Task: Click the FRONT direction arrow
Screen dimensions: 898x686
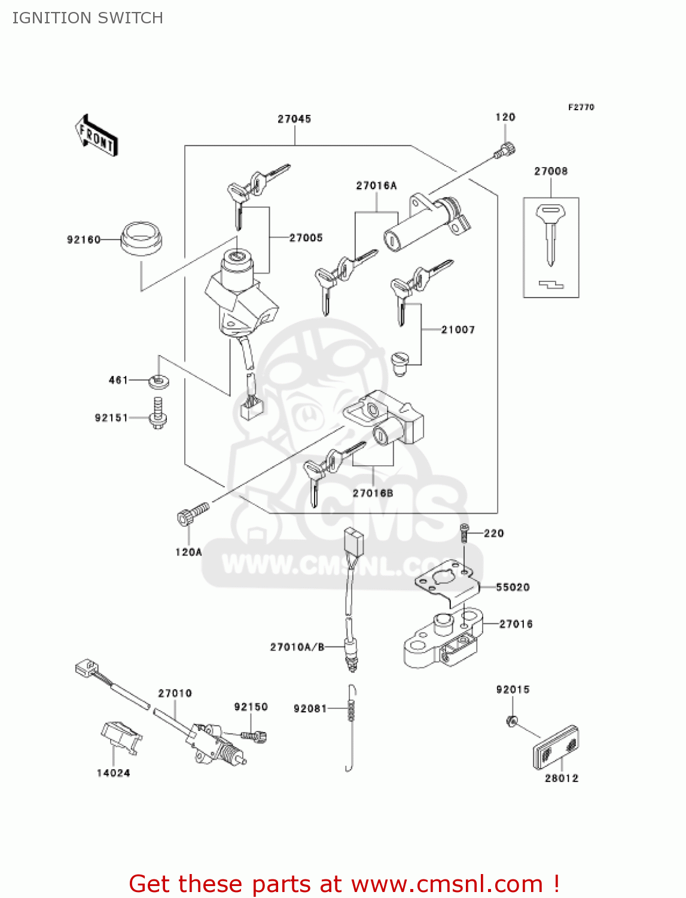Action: click(96, 136)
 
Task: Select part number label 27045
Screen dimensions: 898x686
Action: click(294, 119)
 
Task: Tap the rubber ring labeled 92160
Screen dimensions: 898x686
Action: click(141, 239)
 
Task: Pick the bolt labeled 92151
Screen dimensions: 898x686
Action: click(158, 414)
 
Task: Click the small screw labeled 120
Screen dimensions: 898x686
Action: click(505, 151)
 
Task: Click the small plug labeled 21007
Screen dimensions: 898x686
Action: click(399, 363)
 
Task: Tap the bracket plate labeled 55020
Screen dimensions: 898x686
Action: click(448, 580)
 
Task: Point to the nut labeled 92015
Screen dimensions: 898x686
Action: click(511, 721)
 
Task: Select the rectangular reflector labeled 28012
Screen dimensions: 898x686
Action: click(556, 748)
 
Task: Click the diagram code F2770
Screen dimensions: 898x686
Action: click(581, 107)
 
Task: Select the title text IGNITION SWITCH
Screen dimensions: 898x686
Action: click(87, 18)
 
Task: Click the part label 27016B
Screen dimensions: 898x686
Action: click(373, 493)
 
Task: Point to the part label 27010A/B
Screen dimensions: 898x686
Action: click(297, 647)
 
